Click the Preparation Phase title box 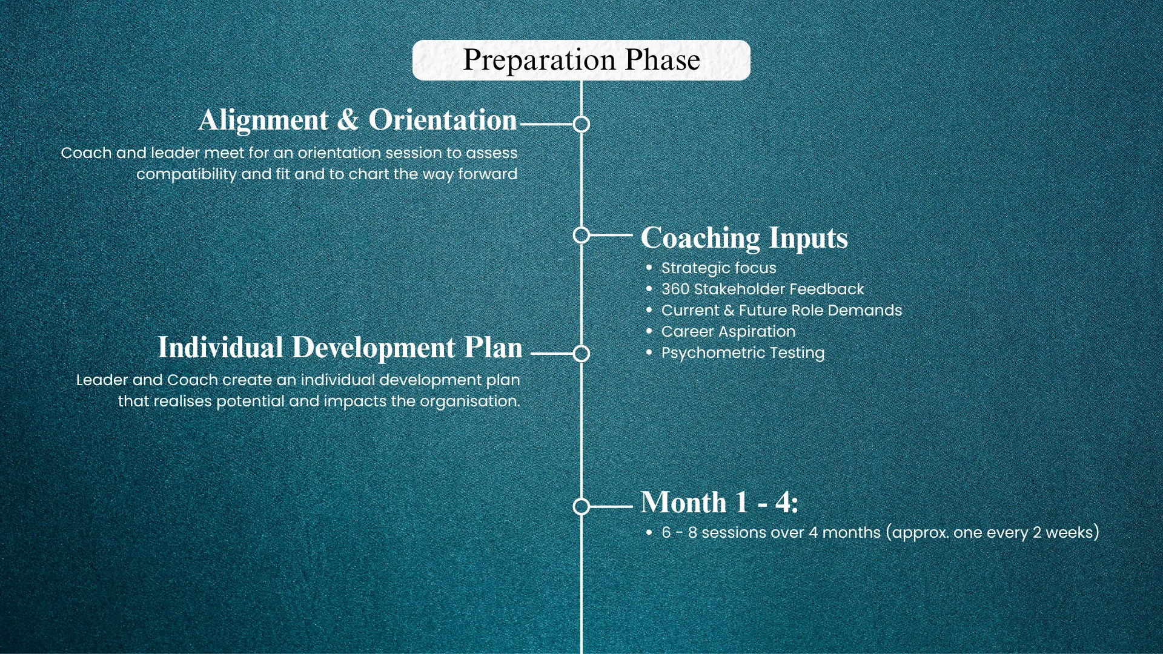tap(581, 60)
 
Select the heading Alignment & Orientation tap(358, 120)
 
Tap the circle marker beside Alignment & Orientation tap(581, 124)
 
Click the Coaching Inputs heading tap(744, 238)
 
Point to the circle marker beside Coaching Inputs tap(581, 235)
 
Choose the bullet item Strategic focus tap(718, 268)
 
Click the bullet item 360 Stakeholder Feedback tap(763, 289)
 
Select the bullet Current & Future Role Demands tap(781, 310)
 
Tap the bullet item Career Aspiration tap(728, 331)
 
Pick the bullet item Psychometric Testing tap(743, 352)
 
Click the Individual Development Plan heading tap(340, 348)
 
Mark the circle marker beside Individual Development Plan tap(581, 354)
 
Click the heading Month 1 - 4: tap(720, 503)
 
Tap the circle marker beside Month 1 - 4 tap(581, 506)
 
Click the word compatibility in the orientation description tap(187, 174)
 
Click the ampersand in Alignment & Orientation tap(348, 120)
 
